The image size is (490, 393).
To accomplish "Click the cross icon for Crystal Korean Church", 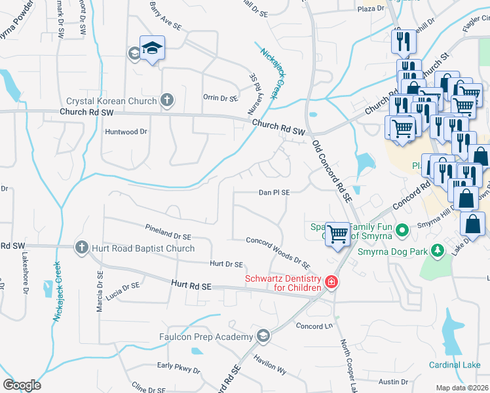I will [167, 100].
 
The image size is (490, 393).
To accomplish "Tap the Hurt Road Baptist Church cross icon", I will [82, 247].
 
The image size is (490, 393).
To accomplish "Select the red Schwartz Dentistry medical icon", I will [331, 282].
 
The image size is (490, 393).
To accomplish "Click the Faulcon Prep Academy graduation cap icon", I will [263, 336].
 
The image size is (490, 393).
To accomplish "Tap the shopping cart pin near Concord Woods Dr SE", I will [337, 233].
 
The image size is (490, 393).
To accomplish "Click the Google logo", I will [22, 385].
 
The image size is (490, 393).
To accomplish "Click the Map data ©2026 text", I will [462, 388].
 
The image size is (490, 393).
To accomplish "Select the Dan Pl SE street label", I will [274, 193].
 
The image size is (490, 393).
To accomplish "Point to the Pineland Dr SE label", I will [168, 231].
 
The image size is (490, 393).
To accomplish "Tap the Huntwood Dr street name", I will [126, 132].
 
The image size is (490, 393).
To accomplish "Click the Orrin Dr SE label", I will [220, 98].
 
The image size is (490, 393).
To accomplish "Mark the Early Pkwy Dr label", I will [179, 369].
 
